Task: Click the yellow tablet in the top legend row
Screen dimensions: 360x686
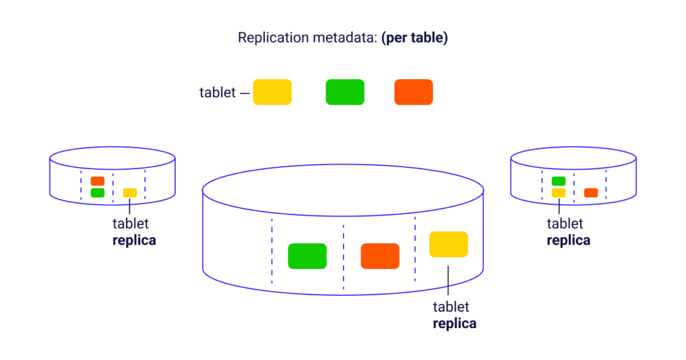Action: [x=272, y=92]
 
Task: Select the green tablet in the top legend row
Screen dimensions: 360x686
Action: [x=345, y=92]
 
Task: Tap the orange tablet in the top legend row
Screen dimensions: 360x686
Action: [x=413, y=92]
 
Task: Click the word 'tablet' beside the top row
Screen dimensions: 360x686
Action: [x=218, y=93]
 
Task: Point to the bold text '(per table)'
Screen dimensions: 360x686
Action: [x=415, y=37]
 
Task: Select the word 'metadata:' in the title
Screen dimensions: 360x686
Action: [x=345, y=37]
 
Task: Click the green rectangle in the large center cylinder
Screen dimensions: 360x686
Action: [x=307, y=256]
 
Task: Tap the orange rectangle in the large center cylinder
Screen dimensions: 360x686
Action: [x=380, y=256]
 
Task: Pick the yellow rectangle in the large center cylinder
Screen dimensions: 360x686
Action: [x=448, y=244]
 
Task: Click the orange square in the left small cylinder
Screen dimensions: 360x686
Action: [x=97, y=181]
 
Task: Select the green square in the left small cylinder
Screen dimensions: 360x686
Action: [x=97, y=193]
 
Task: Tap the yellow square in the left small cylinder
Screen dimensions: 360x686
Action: [x=130, y=193]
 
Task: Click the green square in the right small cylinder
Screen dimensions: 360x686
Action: [x=558, y=181]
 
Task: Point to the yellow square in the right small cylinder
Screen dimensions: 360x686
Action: [x=558, y=193]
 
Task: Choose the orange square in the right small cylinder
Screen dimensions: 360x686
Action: [x=591, y=193]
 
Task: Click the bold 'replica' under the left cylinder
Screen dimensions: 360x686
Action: [x=134, y=240]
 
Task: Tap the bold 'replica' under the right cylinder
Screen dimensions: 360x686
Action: [x=568, y=240]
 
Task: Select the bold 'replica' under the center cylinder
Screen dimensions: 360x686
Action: [x=455, y=323]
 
